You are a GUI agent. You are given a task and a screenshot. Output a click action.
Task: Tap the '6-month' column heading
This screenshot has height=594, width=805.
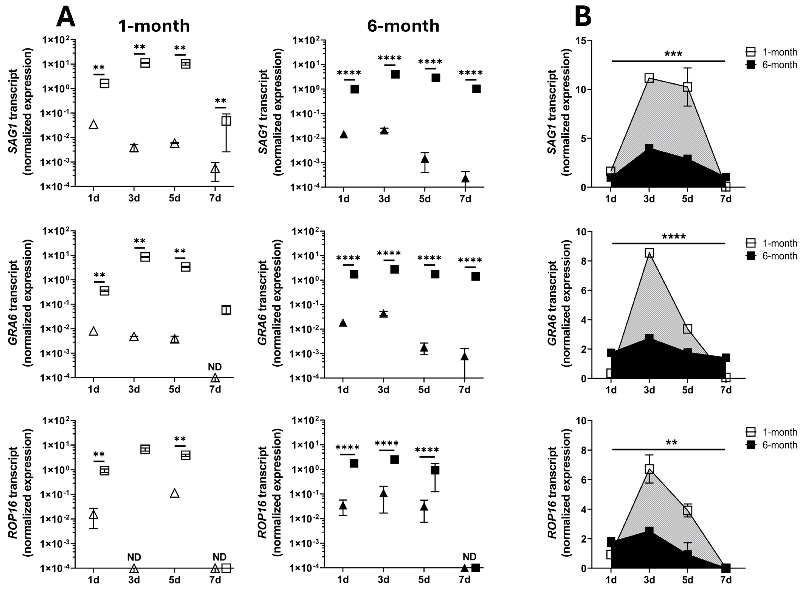click(x=403, y=26)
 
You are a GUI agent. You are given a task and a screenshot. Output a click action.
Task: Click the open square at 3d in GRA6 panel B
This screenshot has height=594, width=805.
click(x=649, y=253)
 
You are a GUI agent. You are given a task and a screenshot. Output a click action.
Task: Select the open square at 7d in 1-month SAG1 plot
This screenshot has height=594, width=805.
click(x=226, y=121)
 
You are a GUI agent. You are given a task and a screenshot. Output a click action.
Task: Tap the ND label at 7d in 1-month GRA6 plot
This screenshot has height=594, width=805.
click(x=215, y=367)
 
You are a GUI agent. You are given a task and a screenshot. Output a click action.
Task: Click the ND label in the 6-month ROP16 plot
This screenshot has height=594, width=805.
click(x=469, y=557)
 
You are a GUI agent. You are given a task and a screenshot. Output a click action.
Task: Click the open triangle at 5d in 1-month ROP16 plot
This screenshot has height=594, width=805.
click(x=174, y=493)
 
